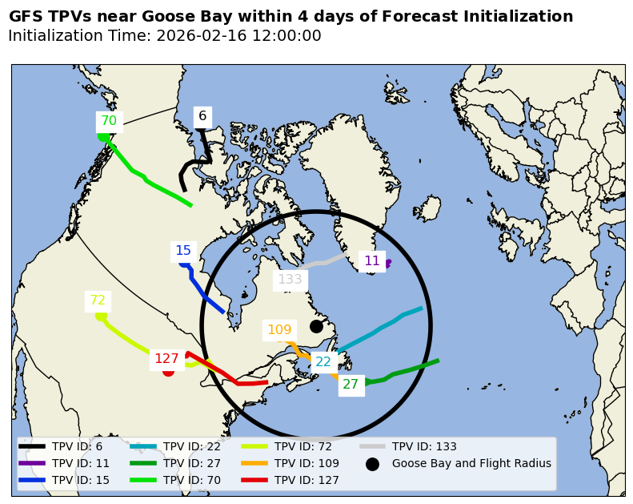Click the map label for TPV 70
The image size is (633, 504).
(109, 121)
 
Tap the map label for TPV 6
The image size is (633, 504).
(202, 116)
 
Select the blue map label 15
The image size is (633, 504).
(183, 251)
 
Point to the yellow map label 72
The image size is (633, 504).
(98, 300)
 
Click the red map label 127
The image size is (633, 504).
(166, 359)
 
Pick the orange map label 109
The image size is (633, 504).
(279, 330)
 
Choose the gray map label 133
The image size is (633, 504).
(290, 280)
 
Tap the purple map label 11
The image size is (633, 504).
(372, 261)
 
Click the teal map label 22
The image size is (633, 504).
(323, 362)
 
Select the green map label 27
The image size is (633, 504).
(351, 385)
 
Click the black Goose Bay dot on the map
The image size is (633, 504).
(316, 326)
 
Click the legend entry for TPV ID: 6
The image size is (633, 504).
(77, 446)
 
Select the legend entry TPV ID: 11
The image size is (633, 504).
(81, 463)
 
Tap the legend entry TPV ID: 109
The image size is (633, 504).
(306, 463)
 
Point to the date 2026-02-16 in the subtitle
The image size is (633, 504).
(198, 36)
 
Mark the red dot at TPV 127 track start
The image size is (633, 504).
(168, 371)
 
